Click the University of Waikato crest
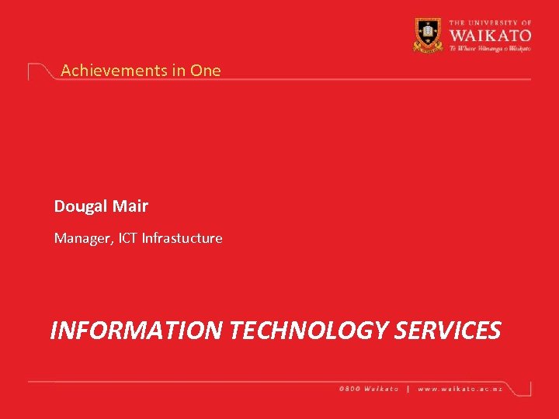tap(428, 34)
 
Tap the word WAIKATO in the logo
tap(489, 35)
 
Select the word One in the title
tap(206, 70)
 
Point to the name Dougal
tap(81, 206)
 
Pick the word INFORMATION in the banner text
tap(137, 331)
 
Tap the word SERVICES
tap(448, 331)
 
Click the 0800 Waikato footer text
tap(369, 389)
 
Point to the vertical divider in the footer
tap(409, 389)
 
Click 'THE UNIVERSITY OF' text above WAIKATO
tap(489, 24)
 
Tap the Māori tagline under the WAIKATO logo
tap(489, 47)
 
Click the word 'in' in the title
tap(179, 70)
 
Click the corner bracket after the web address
tap(528, 387)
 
